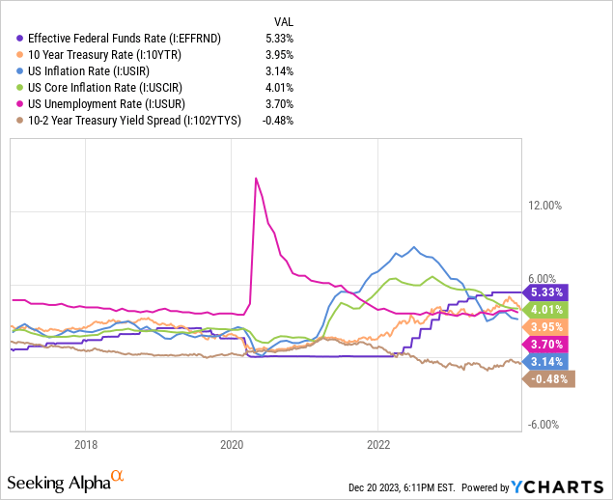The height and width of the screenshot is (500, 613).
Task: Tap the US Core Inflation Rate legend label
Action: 88,88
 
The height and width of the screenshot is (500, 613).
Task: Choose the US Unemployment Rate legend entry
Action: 87,104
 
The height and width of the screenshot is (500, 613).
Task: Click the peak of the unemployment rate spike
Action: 255,178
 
